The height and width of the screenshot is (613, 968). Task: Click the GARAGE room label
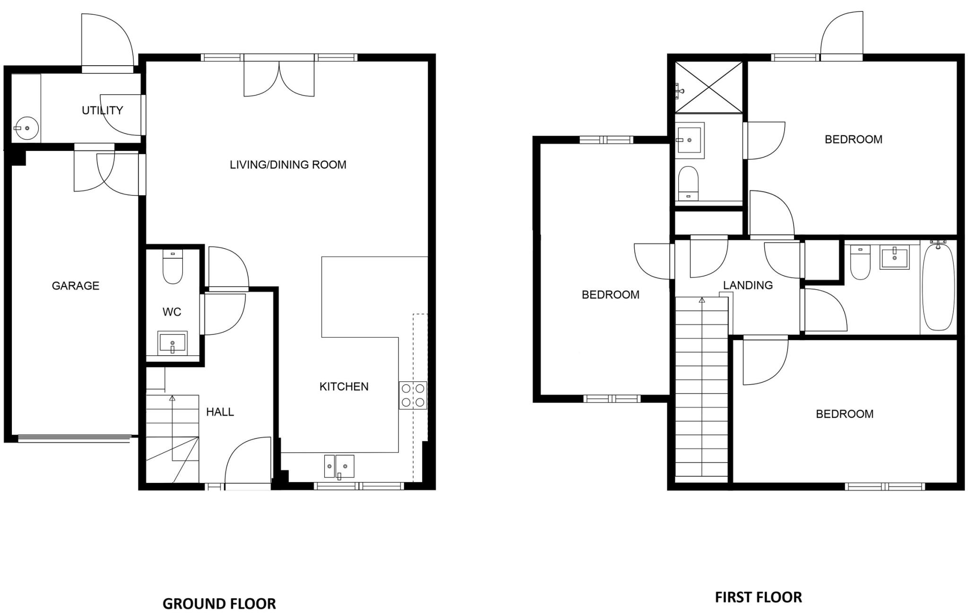pyautogui.click(x=76, y=286)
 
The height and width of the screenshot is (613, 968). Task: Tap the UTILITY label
pyautogui.click(x=102, y=110)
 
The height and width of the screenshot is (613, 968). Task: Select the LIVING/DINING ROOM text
pyautogui.click(x=288, y=165)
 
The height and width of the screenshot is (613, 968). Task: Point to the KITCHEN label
pyautogui.click(x=344, y=386)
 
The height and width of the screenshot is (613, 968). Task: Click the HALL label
pyautogui.click(x=220, y=412)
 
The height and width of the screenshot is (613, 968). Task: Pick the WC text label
pyautogui.click(x=172, y=312)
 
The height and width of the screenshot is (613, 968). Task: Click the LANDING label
pyautogui.click(x=748, y=285)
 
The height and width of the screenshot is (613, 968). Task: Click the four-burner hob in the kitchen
pyautogui.click(x=413, y=395)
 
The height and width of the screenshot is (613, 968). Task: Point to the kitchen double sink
pyautogui.click(x=339, y=466)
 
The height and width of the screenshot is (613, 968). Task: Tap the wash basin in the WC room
pyautogui.click(x=173, y=342)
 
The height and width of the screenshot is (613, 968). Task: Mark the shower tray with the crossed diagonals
pyautogui.click(x=708, y=88)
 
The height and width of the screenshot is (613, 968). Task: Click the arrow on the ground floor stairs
pyautogui.click(x=172, y=399)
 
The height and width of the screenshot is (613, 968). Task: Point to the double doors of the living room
pyautogui.click(x=279, y=78)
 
